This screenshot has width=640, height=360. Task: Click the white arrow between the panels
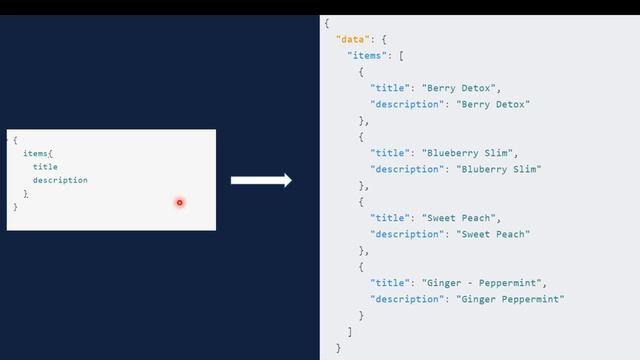click(260, 181)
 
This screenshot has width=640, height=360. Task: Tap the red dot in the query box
click(180, 203)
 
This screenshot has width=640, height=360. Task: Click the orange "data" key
click(348, 38)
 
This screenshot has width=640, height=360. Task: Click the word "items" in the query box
click(36, 154)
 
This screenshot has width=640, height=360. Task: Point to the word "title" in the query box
click(45, 167)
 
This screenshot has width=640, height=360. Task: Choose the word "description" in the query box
click(60, 180)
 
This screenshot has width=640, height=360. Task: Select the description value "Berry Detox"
click(493, 104)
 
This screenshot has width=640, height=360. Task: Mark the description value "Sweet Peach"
click(493, 234)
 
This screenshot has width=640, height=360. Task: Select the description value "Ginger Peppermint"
click(511, 299)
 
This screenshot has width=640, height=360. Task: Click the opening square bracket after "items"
click(401, 55)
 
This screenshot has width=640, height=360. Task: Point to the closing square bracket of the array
click(349, 331)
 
